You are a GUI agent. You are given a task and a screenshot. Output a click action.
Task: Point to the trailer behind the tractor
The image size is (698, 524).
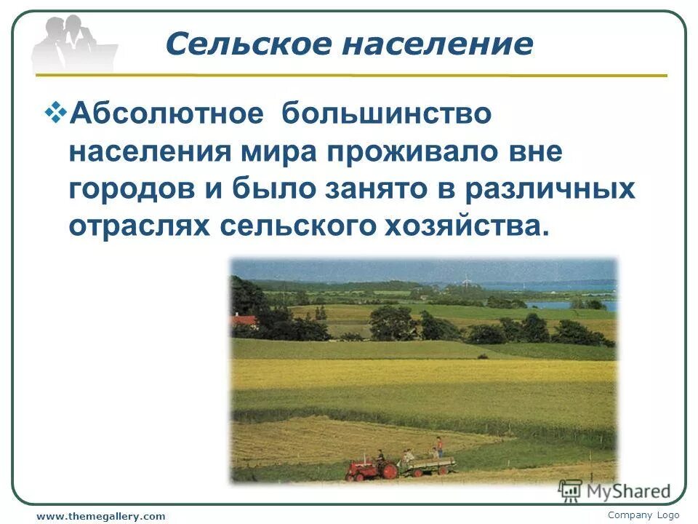coord(429,463)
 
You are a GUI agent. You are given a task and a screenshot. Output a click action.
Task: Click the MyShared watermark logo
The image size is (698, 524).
coord(614,492)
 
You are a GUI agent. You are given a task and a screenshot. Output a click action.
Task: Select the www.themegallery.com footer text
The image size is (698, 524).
coord(101,516)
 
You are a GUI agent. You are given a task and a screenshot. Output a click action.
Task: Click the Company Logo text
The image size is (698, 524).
coord(643,515)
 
